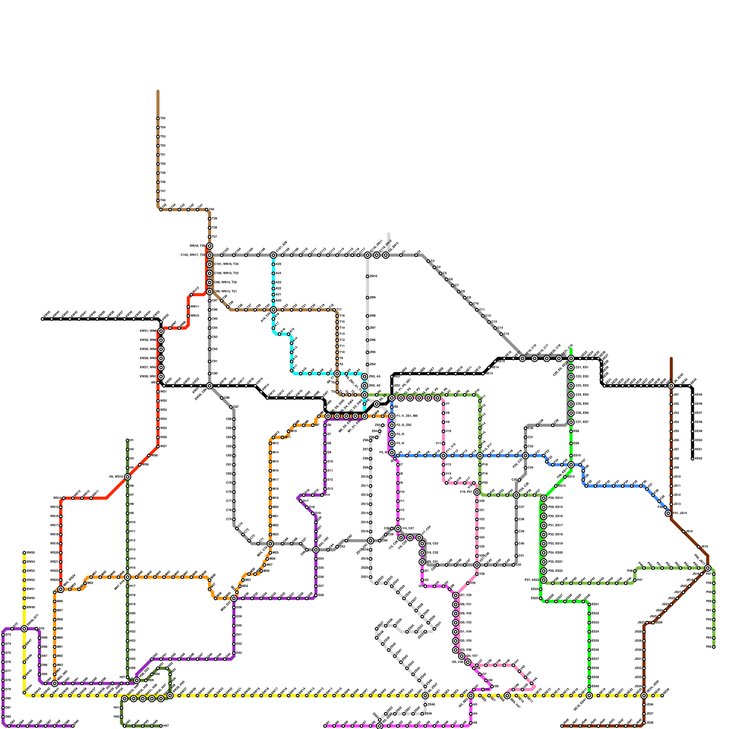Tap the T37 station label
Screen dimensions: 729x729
point(215,237)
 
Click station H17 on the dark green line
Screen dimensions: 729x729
point(128,586)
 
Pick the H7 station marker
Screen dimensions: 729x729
point(128,495)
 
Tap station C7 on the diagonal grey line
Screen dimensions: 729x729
point(452,286)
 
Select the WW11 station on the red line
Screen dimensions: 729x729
point(188,307)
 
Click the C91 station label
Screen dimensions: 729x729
point(215,361)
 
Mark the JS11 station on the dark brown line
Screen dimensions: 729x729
point(671,486)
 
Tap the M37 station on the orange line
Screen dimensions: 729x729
point(55,611)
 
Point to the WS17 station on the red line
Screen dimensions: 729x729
point(61,525)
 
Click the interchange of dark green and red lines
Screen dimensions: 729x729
point(128,477)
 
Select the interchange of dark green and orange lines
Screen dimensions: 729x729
point(128,577)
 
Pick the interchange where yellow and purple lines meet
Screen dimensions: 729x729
point(24,629)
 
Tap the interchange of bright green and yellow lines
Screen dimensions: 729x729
point(589,696)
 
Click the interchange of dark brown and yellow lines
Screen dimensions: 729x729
point(644,696)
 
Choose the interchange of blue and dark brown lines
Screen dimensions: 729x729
point(668,513)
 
